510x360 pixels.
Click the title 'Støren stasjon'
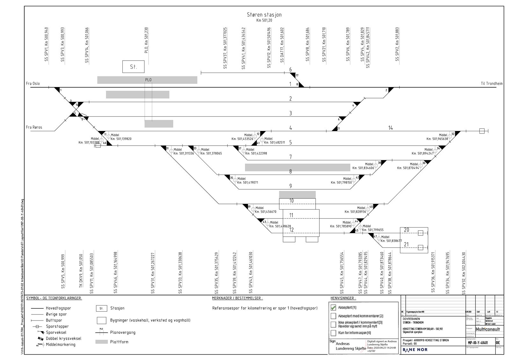click(x=264, y=15)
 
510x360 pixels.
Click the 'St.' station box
click(x=133, y=67)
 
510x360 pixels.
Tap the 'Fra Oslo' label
click(x=33, y=83)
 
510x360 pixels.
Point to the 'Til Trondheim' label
click(x=492, y=83)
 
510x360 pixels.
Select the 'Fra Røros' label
click(x=34, y=127)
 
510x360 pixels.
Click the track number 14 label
click(x=390, y=128)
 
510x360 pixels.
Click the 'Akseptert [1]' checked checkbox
click(x=333, y=307)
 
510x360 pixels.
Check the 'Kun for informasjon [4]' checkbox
click(x=333, y=333)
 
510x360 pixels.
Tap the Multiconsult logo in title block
click(x=487, y=329)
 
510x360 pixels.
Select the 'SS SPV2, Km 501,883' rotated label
click(x=397, y=44)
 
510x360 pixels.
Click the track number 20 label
click(x=406, y=230)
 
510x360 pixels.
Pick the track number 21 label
click(x=406, y=244)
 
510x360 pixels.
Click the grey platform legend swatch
click(x=101, y=342)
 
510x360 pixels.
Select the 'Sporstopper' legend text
click(x=57, y=326)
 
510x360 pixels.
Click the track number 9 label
click(x=290, y=186)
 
